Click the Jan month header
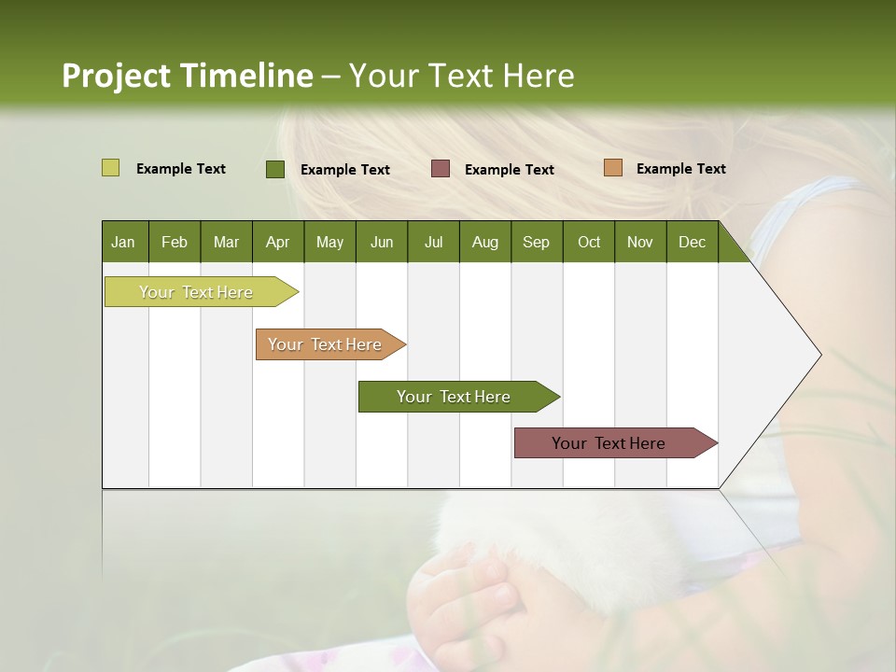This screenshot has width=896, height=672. tap(123, 243)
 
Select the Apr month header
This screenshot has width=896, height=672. tap(277, 243)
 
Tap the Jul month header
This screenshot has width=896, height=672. tap(433, 243)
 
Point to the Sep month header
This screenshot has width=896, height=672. tap(536, 243)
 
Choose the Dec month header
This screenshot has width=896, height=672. tap(692, 243)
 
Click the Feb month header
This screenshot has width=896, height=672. tap(175, 243)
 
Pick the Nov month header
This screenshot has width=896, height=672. tap(639, 243)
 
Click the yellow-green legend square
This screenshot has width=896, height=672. tap(110, 168)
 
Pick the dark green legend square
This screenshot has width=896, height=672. tap(274, 169)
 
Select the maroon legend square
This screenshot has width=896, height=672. tap(441, 169)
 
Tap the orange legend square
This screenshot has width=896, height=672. tap(612, 168)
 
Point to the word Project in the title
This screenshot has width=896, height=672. tap(117, 76)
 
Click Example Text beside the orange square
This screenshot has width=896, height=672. tap(680, 169)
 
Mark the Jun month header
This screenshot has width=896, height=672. tap(382, 243)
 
